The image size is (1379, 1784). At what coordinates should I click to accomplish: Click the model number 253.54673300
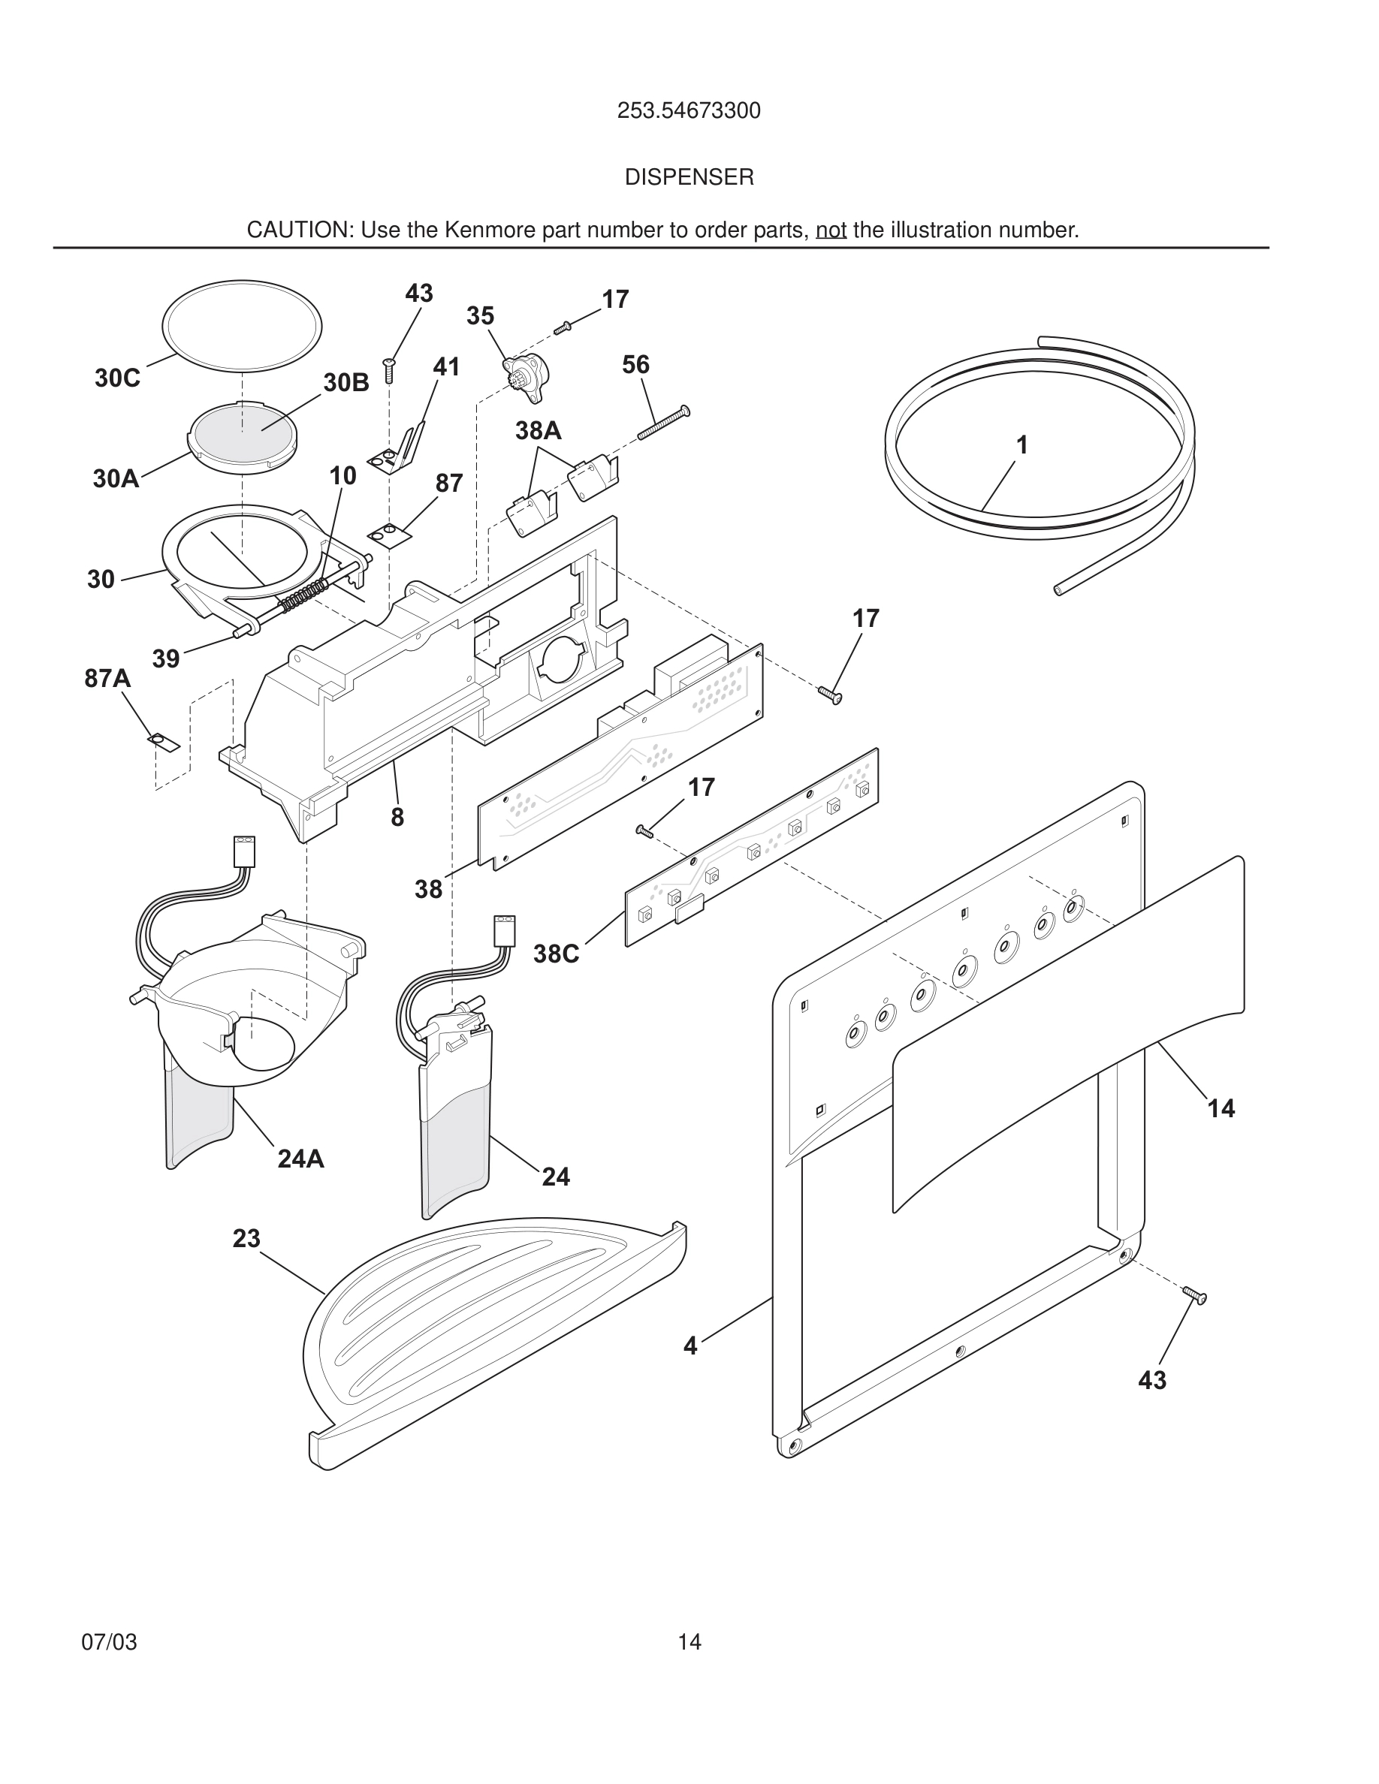point(689,110)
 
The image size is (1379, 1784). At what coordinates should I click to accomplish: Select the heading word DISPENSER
point(689,177)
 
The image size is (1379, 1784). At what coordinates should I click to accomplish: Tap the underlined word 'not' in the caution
point(830,231)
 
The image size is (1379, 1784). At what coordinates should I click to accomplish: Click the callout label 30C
point(117,378)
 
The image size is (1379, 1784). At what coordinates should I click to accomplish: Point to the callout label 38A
point(539,430)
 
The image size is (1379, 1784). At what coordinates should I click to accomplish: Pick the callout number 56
point(635,364)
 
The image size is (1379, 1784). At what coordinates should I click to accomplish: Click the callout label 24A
point(300,1159)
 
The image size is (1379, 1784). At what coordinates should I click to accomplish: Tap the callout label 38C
point(556,954)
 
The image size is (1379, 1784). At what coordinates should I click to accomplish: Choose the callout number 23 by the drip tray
point(246,1238)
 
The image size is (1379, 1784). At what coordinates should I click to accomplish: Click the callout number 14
point(1221,1108)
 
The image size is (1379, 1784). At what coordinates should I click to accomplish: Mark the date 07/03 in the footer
point(109,1642)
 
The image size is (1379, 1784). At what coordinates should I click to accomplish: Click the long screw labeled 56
point(662,423)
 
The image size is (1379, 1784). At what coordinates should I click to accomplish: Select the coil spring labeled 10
point(304,596)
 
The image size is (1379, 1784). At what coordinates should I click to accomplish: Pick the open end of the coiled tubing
point(1059,589)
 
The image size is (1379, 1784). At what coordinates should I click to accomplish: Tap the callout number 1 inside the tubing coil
point(1021,445)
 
